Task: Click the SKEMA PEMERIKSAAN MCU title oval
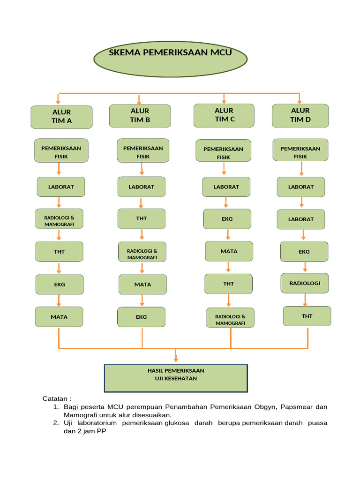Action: (x=170, y=58)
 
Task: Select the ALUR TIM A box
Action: (x=61, y=117)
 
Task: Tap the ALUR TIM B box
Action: (x=140, y=116)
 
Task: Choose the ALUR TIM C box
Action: (x=224, y=115)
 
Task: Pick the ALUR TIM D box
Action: (x=300, y=115)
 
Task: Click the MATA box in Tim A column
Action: (x=59, y=317)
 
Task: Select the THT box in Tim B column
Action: (x=141, y=218)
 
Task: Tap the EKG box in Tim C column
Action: (x=227, y=219)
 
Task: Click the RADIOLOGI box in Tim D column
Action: (x=305, y=284)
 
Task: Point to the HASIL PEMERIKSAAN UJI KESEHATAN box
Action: (x=176, y=378)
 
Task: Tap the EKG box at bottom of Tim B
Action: (x=141, y=317)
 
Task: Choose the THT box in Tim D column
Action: (x=307, y=316)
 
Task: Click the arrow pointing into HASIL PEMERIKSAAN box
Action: (x=176, y=357)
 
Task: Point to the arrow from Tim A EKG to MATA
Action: (x=59, y=300)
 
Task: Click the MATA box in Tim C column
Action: (x=229, y=251)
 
